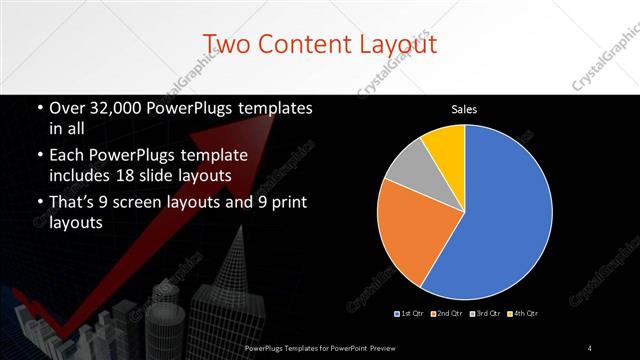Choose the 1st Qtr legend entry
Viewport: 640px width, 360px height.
(x=411, y=314)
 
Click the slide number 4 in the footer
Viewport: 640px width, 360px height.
(x=590, y=348)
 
